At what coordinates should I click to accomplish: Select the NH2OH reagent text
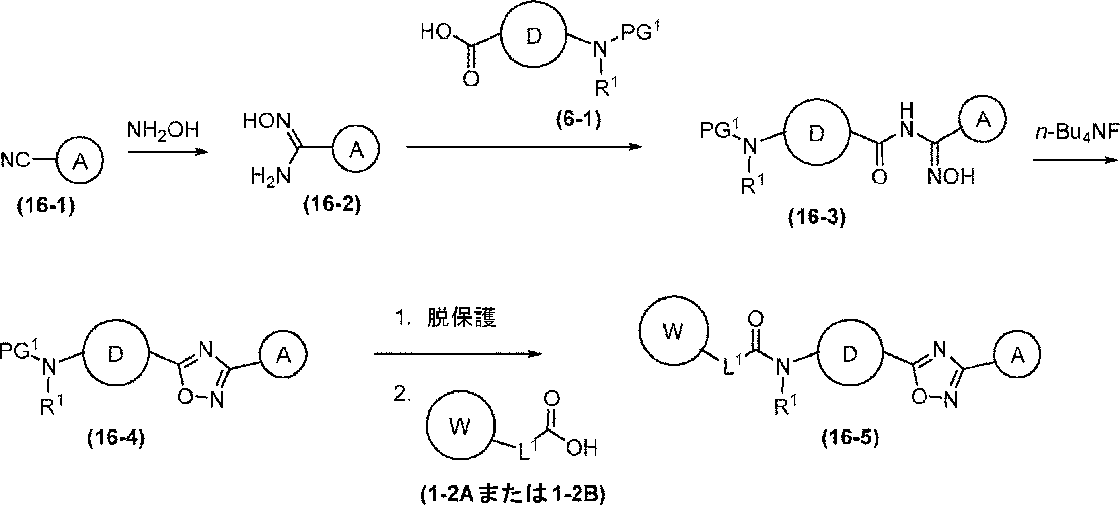pos(162,130)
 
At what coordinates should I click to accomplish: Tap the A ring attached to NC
pos(79,161)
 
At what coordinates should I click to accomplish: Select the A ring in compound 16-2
pos(356,150)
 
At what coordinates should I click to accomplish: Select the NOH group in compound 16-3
pos(951,177)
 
